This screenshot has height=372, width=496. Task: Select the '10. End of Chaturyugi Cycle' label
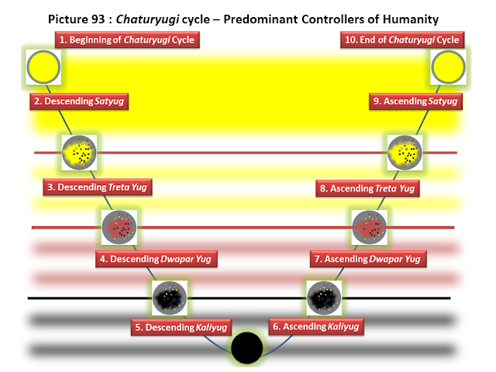[x=400, y=40]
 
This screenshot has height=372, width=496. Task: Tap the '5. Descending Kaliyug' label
[x=179, y=327]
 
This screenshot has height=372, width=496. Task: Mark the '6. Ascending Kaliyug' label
[x=316, y=327]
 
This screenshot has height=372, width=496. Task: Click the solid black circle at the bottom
[x=248, y=347]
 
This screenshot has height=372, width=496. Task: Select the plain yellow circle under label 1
[x=43, y=68]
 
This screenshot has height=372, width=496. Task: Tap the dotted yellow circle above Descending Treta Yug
[x=78, y=151]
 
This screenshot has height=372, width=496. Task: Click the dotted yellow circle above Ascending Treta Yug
[x=404, y=151]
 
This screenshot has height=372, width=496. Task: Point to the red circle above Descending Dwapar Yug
[x=119, y=226]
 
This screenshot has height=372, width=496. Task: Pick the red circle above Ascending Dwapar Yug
[x=370, y=226]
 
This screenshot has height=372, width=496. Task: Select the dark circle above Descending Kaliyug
[x=168, y=298]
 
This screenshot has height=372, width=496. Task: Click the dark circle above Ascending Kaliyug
[x=324, y=298]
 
